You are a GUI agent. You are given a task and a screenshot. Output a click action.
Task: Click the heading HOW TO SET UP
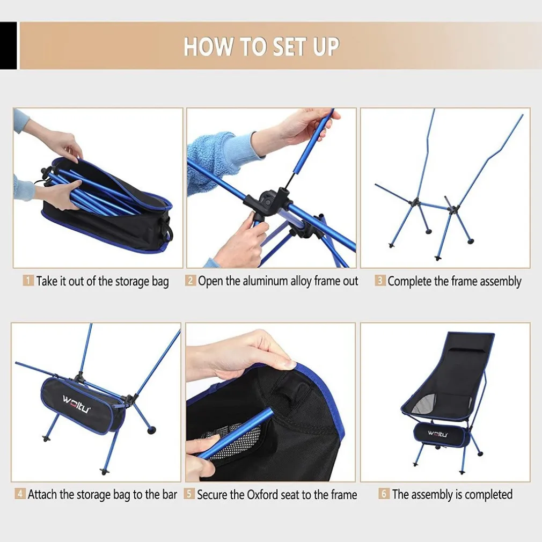[x=261, y=46]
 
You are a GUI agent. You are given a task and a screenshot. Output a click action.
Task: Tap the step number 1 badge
[x=28, y=280]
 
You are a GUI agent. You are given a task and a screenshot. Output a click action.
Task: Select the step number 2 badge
[x=191, y=280]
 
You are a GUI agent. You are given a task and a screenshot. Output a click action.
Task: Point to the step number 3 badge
[x=380, y=280]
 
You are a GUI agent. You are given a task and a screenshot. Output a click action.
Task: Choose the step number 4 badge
[x=20, y=493]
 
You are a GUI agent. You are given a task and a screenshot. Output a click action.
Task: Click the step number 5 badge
[x=189, y=494]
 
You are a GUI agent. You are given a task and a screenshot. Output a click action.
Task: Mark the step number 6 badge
[x=384, y=493]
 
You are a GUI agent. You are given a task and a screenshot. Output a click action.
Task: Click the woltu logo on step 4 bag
[x=76, y=404]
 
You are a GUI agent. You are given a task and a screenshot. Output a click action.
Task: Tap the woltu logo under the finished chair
[x=437, y=434]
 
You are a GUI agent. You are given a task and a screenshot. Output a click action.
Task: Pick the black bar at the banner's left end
[x=8, y=46]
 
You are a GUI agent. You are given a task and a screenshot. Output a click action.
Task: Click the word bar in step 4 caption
[x=170, y=495]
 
